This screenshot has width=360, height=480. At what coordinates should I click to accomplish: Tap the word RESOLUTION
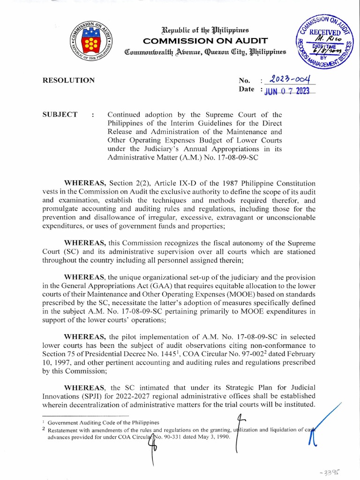[69, 80]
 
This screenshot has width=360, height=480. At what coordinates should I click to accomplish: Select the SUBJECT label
[60, 115]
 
